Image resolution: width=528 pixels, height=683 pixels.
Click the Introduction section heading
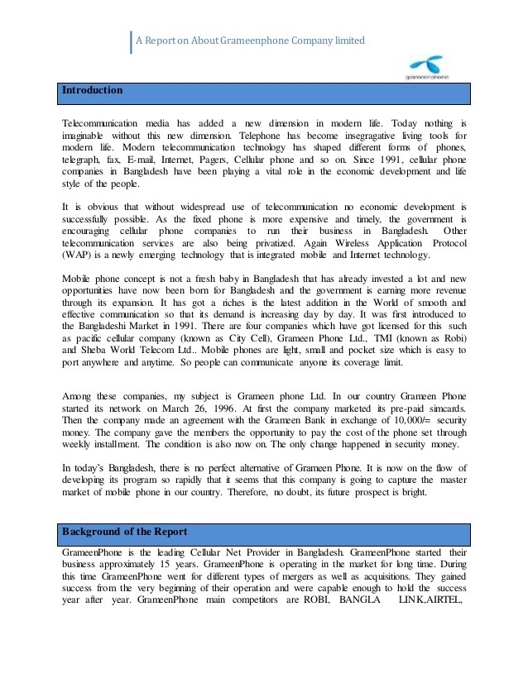(x=93, y=90)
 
